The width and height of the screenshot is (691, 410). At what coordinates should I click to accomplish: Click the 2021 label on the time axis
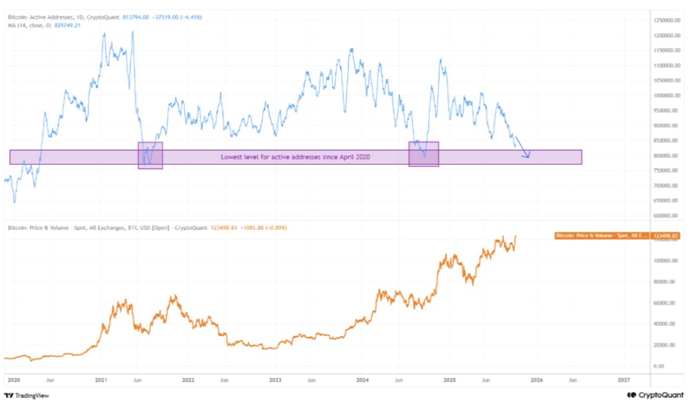(100, 381)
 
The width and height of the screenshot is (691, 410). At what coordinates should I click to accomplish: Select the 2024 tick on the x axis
(362, 381)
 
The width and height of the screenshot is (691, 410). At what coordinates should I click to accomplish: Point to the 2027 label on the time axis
(624, 381)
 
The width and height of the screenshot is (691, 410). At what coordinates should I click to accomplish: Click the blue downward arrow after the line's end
(523, 147)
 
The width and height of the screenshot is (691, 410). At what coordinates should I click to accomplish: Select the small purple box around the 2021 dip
(150, 155)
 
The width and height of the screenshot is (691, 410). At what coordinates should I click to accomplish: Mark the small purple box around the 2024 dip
(423, 153)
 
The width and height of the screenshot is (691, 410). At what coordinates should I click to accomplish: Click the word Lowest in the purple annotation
(231, 157)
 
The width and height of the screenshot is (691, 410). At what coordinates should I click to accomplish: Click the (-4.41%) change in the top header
(190, 18)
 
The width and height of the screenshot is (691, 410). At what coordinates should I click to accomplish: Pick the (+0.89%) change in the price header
(274, 228)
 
